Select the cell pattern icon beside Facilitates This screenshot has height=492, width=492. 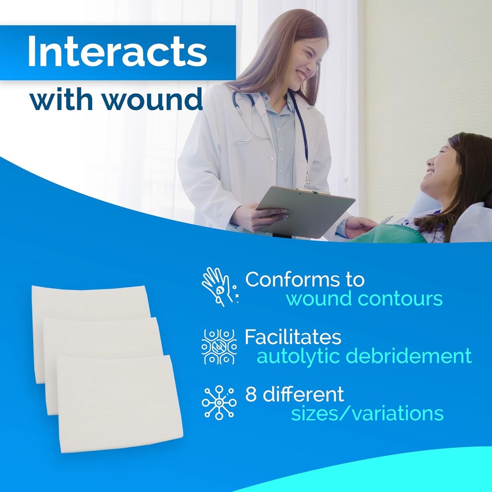(x=219, y=346)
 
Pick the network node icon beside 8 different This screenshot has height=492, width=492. (x=219, y=403)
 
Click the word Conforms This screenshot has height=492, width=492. (x=305, y=280)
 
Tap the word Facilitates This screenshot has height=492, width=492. (x=293, y=337)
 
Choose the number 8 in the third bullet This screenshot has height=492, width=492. (x=250, y=394)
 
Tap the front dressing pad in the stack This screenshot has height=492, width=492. (x=120, y=404)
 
